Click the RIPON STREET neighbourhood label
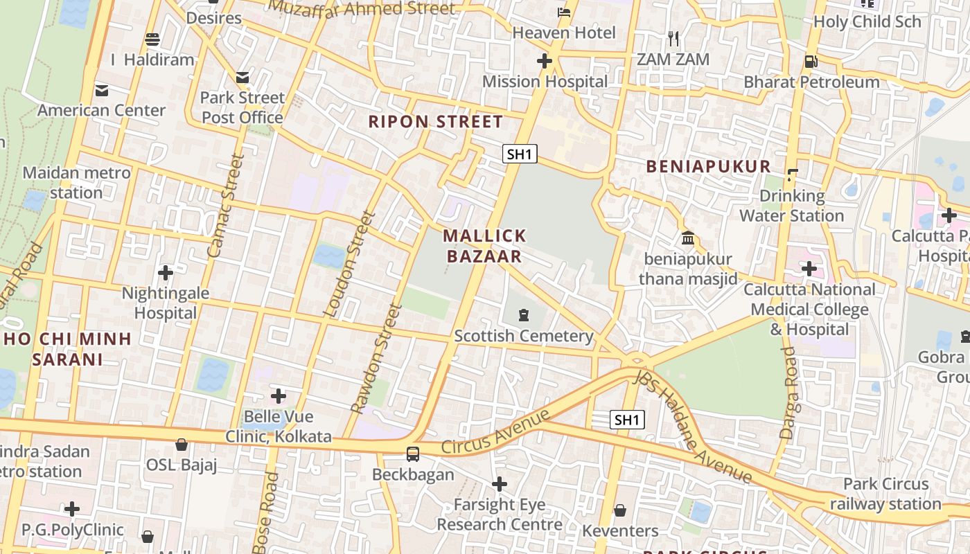tap(435, 122)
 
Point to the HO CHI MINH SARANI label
tap(67, 349)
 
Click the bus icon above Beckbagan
tap(413, 454)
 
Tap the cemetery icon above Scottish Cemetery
tap(523, 315)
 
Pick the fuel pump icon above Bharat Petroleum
tap(811, 61)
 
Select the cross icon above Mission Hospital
tap(545, 61)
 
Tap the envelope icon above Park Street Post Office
tap(242, 77)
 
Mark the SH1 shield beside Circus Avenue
tap(627, 420)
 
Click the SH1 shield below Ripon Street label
tap(520, 154)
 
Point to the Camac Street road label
tap(227, 206)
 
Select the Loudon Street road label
tap(349, 264)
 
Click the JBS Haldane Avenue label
tap(693, 427)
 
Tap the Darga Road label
tap(788, 393)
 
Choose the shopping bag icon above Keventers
tap(620, 510)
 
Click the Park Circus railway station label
tap(885, 494)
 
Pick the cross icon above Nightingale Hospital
tap(166, 272)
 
